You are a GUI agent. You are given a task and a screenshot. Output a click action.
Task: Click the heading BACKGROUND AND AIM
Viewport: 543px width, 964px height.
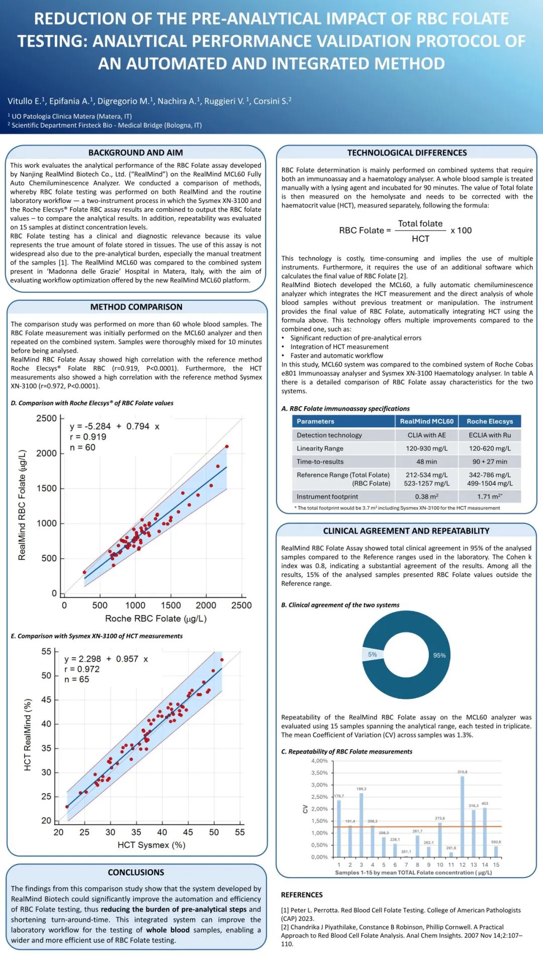point(135,153)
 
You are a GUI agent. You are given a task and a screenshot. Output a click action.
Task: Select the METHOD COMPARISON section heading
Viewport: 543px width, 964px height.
point(136,307)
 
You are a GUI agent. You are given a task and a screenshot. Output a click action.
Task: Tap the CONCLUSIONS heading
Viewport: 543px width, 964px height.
point(136,872)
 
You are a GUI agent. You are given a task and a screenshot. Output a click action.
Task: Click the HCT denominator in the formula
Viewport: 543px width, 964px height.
point(420,239)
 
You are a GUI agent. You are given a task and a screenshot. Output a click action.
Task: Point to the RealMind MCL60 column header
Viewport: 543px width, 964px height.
point(426,421)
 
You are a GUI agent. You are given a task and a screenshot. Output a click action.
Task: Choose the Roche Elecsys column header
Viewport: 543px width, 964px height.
point(490,421)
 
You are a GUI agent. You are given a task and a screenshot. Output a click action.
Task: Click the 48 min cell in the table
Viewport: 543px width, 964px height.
point(426,461)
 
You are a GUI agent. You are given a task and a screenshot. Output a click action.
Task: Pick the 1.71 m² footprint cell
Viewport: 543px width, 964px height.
point(490,497)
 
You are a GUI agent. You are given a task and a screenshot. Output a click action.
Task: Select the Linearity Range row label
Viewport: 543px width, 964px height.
point(320,448)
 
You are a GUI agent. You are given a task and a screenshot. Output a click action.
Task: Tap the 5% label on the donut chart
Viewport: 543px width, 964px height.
point(372,654)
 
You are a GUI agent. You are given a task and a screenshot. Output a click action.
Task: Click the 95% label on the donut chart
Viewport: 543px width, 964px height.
point(439,655)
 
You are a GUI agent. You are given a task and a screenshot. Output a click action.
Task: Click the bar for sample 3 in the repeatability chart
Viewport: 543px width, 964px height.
point(361,824)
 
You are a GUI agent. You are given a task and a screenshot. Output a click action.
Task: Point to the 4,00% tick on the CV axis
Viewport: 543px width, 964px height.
point(319,761)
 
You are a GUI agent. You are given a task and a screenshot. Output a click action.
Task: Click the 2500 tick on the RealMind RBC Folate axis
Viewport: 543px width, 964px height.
point(46,418)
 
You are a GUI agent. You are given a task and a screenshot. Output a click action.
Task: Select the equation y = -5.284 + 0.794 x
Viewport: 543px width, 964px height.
point(115,426)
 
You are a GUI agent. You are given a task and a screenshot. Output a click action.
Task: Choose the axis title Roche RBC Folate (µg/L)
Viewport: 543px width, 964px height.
point(156,619)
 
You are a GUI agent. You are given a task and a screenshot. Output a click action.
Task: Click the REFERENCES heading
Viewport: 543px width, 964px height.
point(302,895)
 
